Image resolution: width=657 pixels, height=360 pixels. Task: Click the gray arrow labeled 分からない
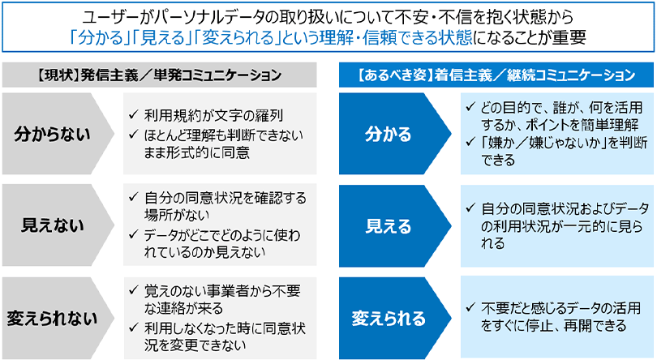[53, 135]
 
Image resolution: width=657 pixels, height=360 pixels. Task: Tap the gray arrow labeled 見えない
[53, 225]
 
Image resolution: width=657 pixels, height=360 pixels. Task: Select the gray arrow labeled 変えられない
[53, 317]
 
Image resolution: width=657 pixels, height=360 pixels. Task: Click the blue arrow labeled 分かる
[388, 135]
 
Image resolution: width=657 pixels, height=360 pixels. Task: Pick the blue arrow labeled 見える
[388, 225]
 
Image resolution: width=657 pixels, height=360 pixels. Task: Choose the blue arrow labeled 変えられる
[388, 317]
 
